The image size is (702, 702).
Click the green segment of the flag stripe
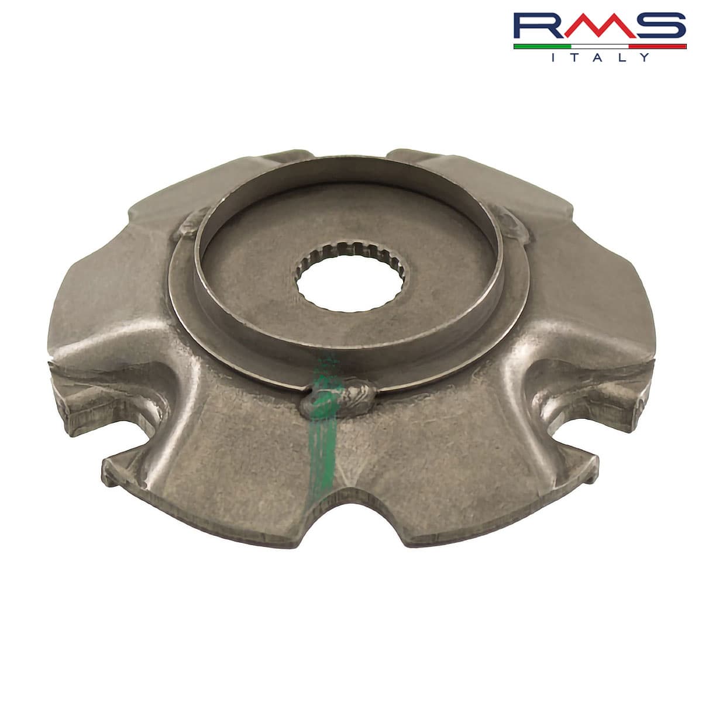click(x=541, y=46)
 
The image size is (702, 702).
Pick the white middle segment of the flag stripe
click(x=599, y=46)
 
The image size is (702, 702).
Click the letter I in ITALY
click(x=554, y=57)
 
